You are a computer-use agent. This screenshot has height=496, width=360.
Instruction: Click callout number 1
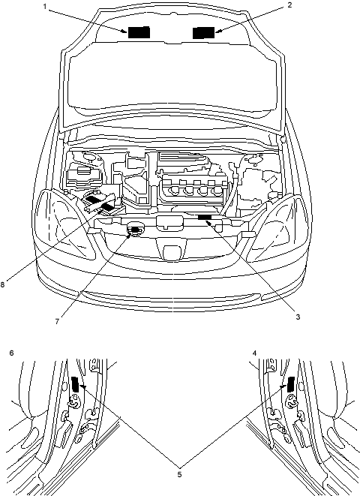click(45, 7)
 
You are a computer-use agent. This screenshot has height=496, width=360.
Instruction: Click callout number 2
click(289, 5)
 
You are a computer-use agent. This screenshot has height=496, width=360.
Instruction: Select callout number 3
click(298, 317)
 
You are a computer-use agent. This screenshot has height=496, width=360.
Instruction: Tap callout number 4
click(255, 353)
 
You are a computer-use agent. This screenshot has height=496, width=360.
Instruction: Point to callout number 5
click(179, 474)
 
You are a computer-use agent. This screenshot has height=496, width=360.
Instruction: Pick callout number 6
click(12, 353)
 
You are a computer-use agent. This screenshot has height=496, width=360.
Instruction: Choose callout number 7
click(57, 321)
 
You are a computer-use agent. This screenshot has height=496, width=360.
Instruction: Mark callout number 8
click(2, 284)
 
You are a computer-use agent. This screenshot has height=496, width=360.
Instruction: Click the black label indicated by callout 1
click(139, 32)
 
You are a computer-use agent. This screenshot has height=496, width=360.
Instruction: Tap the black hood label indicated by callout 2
click(203, 32)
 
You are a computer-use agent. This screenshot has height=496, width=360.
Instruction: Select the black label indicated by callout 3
click(205, 217)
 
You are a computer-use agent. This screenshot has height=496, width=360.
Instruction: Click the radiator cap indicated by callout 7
click(135, 230)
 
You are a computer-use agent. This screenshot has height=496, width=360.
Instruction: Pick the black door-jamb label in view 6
click(75, 384)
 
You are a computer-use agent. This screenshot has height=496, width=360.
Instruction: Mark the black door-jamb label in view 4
click(291, 384)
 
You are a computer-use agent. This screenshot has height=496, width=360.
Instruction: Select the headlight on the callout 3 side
click(280, 228)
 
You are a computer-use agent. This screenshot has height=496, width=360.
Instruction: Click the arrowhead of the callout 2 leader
click(217, 31)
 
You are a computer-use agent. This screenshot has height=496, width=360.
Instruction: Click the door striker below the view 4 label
click(292, 401)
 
